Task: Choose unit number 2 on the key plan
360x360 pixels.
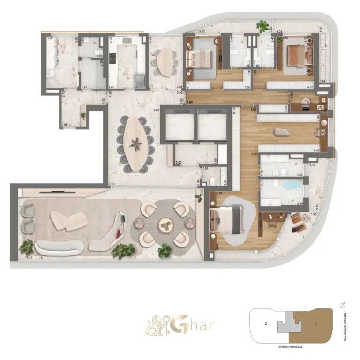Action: pyautogui.click(x=266, y=323)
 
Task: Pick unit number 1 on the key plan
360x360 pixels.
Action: pyautogui.click(x=315, y=323)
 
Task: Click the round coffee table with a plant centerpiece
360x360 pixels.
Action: pyautogui.click(x=166, y=225)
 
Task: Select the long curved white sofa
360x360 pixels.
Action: pyautogui.click(x=55, y=247)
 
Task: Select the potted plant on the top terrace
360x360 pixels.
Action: pyautogui.click(x=262, y=25)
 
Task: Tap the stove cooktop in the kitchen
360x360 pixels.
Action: pyautogui.click(x=112, y=58)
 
